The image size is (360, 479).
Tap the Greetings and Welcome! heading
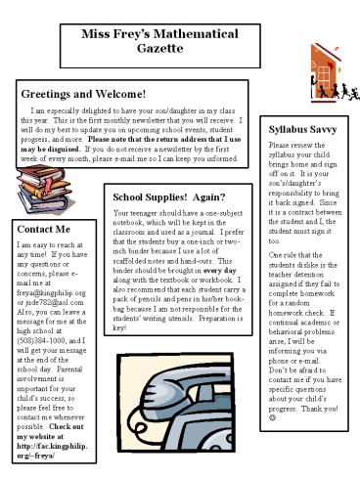point(83,94)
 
